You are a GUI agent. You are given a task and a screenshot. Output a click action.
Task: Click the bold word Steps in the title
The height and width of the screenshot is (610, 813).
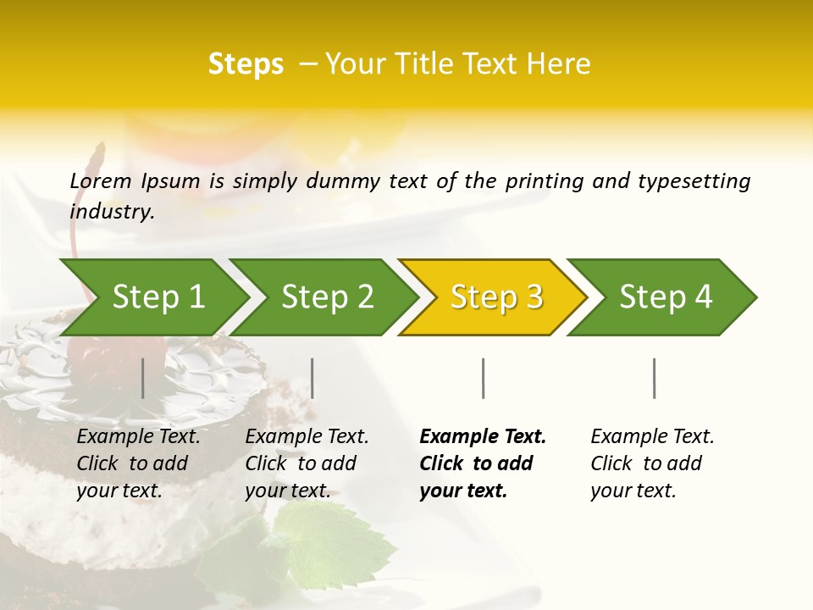coord(246,64)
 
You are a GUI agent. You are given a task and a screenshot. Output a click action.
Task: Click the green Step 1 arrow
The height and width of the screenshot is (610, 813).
coord(158,297)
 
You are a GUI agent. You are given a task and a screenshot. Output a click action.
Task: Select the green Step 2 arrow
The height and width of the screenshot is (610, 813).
coord(327,297)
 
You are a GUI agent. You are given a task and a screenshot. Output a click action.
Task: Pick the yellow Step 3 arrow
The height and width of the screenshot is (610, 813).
coord(496,297)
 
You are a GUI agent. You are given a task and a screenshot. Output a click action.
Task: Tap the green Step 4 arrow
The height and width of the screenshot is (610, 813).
coord(666,297)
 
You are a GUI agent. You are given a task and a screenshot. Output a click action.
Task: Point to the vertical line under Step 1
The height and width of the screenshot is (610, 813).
coord(143,378)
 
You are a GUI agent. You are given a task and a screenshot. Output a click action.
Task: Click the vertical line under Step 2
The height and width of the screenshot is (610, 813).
coord(312,378)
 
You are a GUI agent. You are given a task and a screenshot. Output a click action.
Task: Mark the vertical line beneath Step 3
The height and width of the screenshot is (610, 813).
coord(484,378)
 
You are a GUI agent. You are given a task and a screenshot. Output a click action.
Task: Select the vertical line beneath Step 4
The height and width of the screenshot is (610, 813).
coord(655,378)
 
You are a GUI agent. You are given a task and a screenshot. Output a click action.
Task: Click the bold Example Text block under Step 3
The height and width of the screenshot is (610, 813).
coord(483,463)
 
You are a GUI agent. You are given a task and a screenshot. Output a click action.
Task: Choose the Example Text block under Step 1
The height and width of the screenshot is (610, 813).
coord(138,463)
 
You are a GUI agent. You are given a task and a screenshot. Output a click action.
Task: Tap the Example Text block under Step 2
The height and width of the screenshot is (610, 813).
coord(307,463)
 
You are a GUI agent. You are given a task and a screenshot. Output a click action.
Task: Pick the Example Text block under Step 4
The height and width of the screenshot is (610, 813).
coord(652,463)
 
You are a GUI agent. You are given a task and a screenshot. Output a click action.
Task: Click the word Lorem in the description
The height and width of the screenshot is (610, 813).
coord(101,181)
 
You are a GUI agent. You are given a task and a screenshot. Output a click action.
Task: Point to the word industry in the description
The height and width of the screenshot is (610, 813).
coord(111,212)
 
